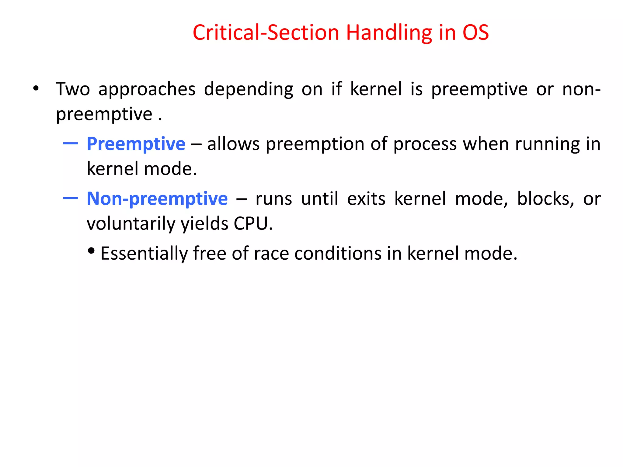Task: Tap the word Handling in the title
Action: tap(389, 33)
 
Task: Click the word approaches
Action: tap(147, 90)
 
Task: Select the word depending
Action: tap(248, 90)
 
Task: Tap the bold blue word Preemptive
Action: tap(136, 144)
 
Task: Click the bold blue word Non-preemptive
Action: tap(157, 199)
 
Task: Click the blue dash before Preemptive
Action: tap(71, 143)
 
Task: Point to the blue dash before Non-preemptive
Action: tap(71, 198)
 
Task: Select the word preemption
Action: tap(315, 144)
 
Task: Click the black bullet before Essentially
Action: tap(91, 251)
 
